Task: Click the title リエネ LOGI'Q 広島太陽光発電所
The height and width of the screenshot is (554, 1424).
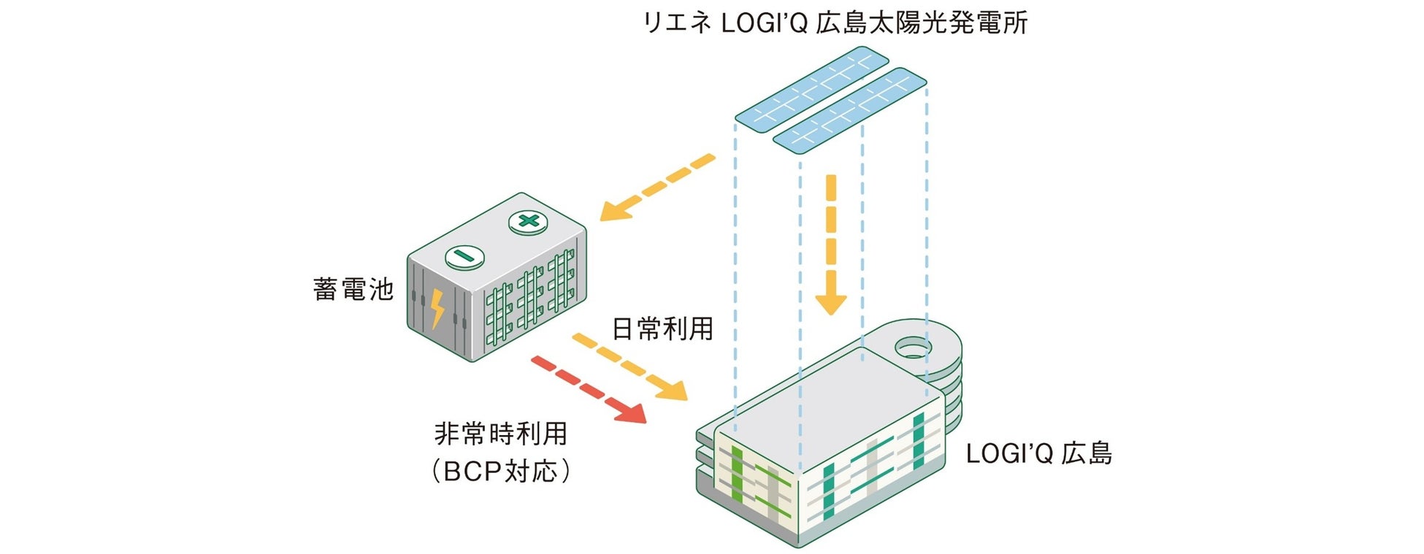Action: [834, 23]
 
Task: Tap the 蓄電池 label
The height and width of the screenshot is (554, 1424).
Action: [353, 289]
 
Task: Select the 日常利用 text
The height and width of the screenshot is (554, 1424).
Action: [662, 329]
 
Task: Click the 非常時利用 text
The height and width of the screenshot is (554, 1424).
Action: [500, 434]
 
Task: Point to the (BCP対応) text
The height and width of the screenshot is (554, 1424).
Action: [500, 472]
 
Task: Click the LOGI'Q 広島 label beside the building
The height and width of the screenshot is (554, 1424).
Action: [1038, 453]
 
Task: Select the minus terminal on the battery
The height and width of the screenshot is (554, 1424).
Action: [464, 256]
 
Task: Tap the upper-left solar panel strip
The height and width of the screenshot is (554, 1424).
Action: [811, 90]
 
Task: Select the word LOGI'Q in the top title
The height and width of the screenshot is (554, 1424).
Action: [763, 23]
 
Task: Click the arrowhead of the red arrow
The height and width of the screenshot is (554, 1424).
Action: [631, 412]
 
